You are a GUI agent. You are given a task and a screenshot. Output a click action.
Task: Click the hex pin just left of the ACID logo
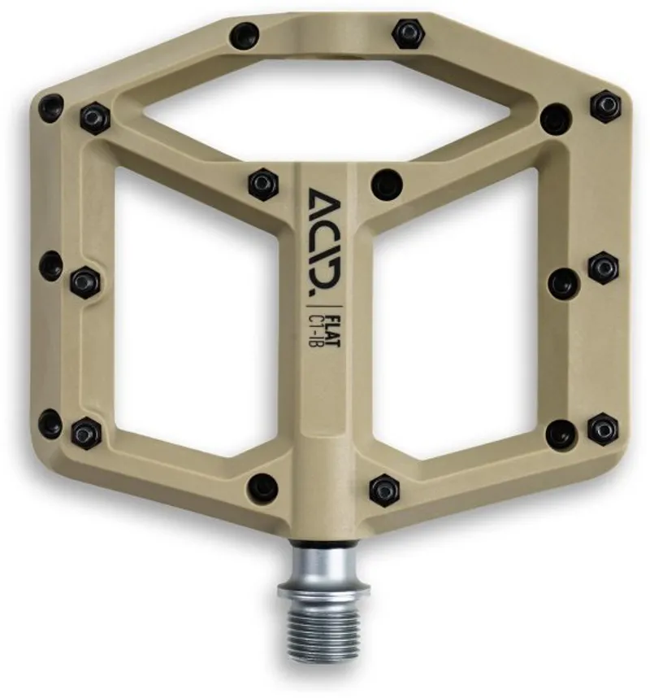(x=262, y=183)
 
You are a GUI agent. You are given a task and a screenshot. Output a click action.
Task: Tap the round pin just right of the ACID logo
(x=386, y=184)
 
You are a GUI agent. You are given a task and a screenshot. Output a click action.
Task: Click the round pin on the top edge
(x=244, y=36)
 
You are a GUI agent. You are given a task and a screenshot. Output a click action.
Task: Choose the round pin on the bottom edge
(x=262, y=486)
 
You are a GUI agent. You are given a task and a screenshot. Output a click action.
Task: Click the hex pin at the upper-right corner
(x=604, y=106)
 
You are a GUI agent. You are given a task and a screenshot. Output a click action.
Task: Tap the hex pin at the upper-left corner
(x=95, y=118)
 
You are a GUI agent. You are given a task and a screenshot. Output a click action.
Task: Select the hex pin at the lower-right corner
(x=602, y=428)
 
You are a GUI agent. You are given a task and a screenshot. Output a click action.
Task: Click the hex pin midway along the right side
(x=603, y=267)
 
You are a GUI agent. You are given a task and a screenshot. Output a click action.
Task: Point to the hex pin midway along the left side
(x=84, y=282)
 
